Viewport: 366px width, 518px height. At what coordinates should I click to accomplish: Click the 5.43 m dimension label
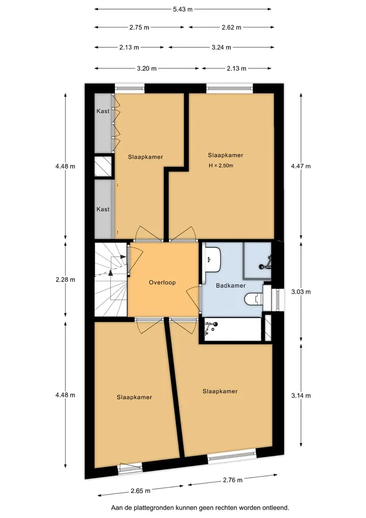[182, 9]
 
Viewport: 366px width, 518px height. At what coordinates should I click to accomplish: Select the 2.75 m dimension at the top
[139, 28]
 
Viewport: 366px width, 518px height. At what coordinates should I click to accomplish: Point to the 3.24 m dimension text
[221, 47]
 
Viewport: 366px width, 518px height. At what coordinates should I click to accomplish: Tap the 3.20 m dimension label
[147, 68]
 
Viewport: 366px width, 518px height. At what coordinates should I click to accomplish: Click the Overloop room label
[162, 283]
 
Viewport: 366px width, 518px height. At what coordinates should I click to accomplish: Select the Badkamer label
[231, 285]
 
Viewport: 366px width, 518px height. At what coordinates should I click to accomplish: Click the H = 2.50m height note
[221, 166]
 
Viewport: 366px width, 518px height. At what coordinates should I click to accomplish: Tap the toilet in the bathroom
[254, 299]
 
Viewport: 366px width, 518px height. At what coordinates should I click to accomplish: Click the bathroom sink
[212, 260]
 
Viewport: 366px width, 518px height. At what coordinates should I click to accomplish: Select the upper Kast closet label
[103, 111]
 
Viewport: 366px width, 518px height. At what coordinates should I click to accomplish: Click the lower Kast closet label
[103, 209]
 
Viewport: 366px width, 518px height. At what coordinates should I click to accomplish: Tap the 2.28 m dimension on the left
[65, 280]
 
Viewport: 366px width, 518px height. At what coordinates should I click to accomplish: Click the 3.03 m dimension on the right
[301, 292]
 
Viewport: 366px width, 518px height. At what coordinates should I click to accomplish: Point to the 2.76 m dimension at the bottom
[232, 480]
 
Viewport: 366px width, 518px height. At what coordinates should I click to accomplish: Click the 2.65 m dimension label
[140, 491]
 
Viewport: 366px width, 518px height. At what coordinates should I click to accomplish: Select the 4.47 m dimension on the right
[301, 166]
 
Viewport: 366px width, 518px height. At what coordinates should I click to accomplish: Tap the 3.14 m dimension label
[301, 395]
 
